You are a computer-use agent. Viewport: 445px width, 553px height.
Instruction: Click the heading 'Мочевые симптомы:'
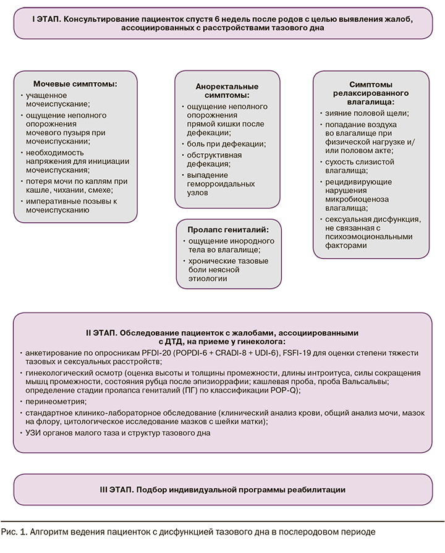75,83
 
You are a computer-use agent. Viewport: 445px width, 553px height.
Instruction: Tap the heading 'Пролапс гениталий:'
227,229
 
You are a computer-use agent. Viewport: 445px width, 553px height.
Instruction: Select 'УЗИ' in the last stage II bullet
33,433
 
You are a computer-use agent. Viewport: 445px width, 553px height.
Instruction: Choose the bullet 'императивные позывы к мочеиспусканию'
70,205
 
